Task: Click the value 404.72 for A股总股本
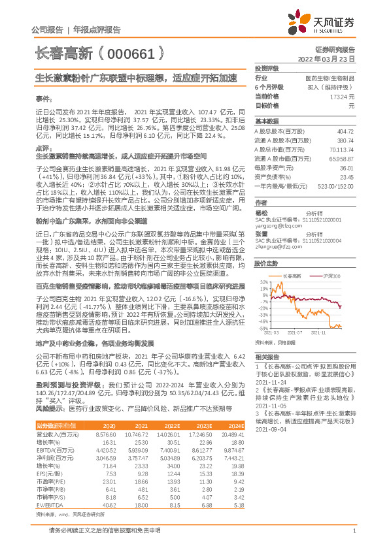tap(345, 131)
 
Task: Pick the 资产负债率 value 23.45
tap(346, 176)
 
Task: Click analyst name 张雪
tap(262, 233)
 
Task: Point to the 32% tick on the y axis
tap(263, 282)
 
